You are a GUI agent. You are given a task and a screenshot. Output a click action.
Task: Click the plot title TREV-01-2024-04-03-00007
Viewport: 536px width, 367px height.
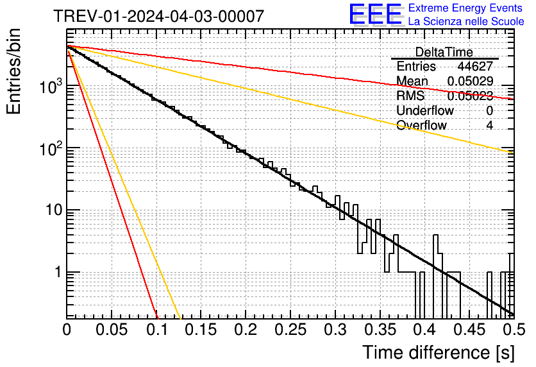[x=158, y=16]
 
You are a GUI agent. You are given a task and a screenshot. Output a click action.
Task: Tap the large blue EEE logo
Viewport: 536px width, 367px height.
[x=375, y=15]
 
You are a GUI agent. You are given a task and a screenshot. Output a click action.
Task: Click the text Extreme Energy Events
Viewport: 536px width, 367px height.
[x=465, y=8]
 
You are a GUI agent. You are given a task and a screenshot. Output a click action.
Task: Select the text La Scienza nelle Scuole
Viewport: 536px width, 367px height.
[x=465, y=22]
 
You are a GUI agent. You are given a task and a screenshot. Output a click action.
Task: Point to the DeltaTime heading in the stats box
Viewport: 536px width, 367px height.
[x=444, y=52]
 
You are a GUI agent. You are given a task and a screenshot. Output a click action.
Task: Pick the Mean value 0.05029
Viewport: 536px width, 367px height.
[x=470, y=81]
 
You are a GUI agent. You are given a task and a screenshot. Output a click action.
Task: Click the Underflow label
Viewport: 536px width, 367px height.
[x=424, y=110]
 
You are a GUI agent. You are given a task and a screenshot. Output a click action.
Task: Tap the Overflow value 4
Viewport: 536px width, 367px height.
[x=489, y=125]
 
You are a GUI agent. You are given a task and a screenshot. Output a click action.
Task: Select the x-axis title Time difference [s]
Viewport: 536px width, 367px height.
[x=438, y=352]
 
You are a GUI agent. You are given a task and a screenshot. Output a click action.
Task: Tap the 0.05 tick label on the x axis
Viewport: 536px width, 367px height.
[x=112, y=330]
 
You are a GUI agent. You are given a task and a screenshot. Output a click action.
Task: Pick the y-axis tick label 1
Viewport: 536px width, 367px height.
[x=56, y=272]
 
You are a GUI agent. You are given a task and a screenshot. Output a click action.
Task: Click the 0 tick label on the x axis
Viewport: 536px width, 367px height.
[x=67, y=330]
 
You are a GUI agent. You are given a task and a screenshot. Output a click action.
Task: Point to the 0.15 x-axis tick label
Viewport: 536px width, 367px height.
[x=201, y=330]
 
